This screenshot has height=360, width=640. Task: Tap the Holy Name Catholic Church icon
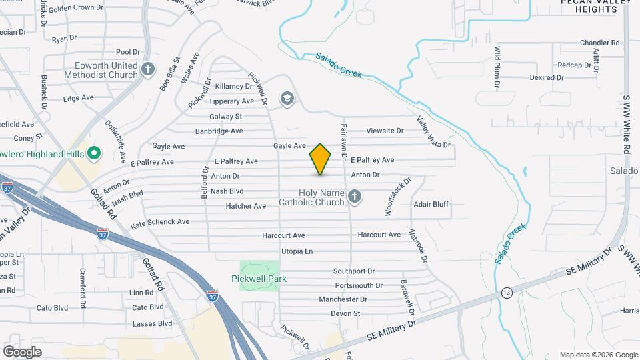tap(355, 197)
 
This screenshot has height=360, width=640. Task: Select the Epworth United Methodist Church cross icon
tap(148, 68)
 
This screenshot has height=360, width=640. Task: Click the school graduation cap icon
tap(287, 99)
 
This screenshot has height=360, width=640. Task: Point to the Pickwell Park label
tap(259, 279)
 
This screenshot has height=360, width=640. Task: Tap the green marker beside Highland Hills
tap(94, 155)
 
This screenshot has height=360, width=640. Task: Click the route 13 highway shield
tap(507, 293)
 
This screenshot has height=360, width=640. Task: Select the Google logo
tap(23, 351)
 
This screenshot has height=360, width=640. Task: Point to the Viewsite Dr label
tap(385, 131)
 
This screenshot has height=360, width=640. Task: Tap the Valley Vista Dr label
tap(433, 132)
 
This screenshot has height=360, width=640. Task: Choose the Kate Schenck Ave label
tap(160, 222)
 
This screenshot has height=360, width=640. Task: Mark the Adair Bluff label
tap(431, 205)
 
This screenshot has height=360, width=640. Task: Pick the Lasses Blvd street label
tap(152, 324)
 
